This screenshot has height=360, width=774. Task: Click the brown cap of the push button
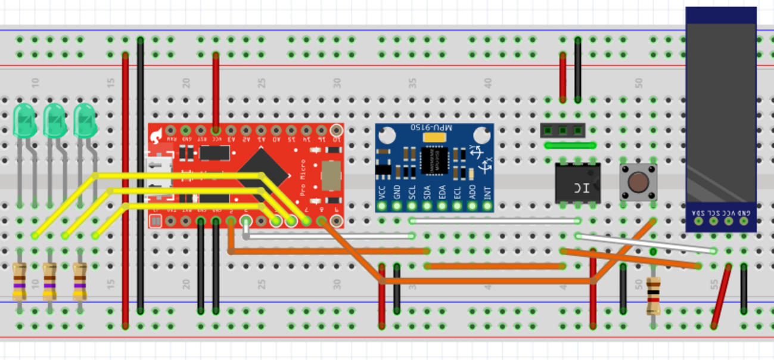click(638, 181)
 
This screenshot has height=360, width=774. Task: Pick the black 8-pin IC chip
click(577, 183)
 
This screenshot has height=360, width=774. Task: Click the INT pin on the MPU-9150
click(487, 206)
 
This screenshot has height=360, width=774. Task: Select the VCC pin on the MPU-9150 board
click(382, 206)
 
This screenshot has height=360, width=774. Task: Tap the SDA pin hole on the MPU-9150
click(427, 206)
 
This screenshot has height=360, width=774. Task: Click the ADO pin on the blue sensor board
click(473, 206)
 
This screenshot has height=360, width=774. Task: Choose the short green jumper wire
click(570, 145)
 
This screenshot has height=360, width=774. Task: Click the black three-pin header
click(562, 129)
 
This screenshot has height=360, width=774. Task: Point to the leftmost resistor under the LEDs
click(20, 281)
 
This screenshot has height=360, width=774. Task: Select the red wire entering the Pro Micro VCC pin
click(216, 89)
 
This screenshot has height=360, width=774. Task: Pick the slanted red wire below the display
click(722, 296)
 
